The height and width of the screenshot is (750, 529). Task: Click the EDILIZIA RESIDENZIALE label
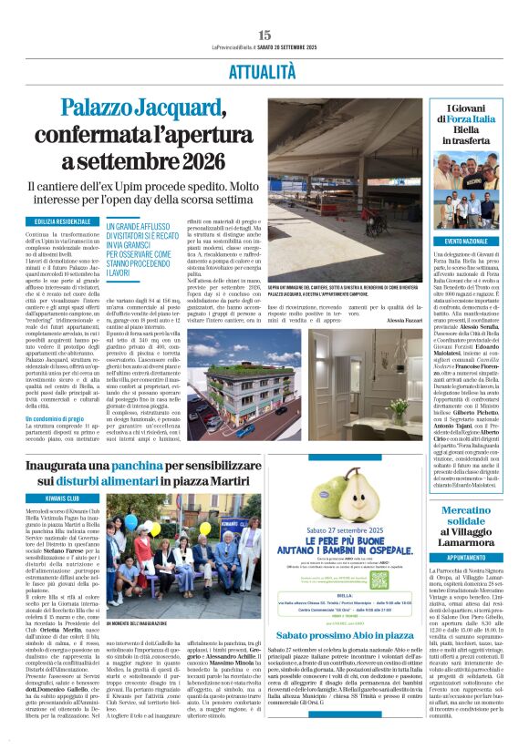(63, 221)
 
